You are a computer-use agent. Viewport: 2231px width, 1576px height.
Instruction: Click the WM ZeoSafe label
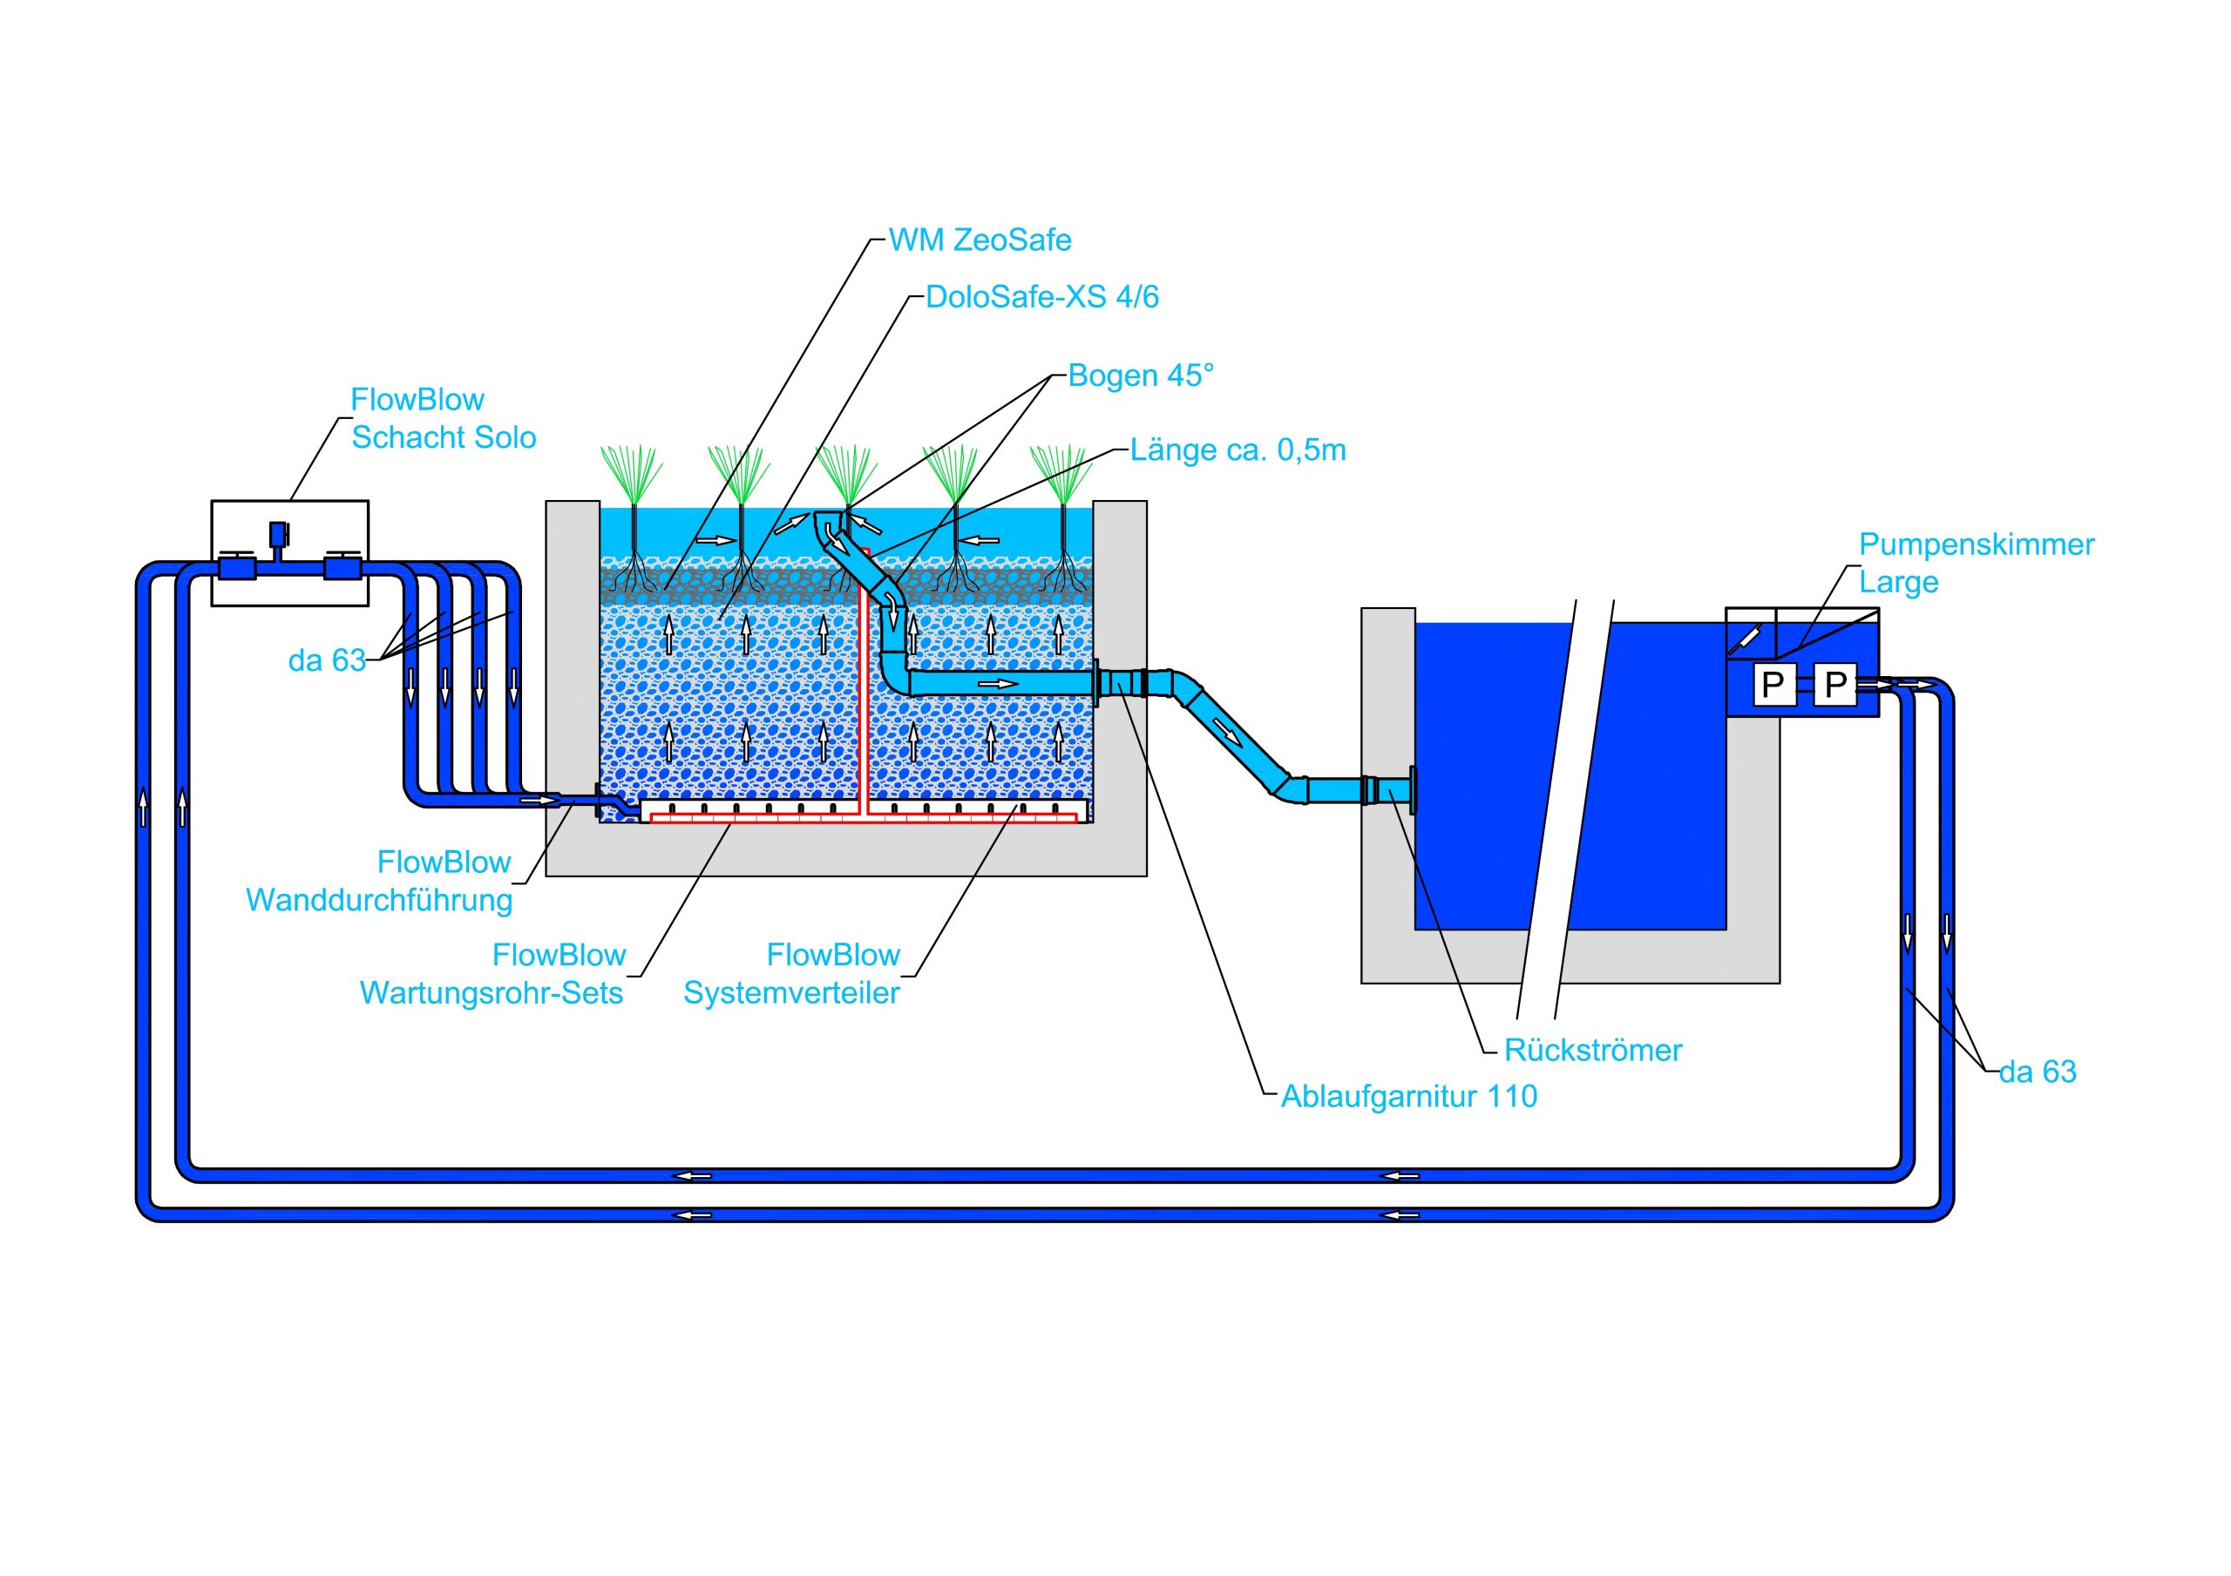(980, 240)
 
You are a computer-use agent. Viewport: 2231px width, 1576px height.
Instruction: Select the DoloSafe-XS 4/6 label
(1041, 296)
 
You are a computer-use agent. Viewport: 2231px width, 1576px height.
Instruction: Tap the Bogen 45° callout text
(1141, 376)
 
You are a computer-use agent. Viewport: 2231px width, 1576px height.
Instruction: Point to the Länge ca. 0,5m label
(1238, 450)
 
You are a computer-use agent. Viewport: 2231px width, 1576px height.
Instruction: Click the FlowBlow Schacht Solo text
(443, 419)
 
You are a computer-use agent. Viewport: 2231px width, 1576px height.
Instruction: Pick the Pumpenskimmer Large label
(1976, 563)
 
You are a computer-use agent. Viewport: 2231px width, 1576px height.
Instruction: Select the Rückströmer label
(1592, 1051)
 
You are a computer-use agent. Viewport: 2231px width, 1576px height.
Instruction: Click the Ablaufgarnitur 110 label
(1408, 1097)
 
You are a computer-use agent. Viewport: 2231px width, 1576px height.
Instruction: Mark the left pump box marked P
(1773, 685)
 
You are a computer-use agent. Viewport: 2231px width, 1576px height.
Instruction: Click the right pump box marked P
(1834, 685)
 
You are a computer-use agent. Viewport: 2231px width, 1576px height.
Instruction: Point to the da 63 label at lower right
(2038, 1072)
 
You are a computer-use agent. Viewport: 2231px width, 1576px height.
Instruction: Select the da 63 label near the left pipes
(327, 660)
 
